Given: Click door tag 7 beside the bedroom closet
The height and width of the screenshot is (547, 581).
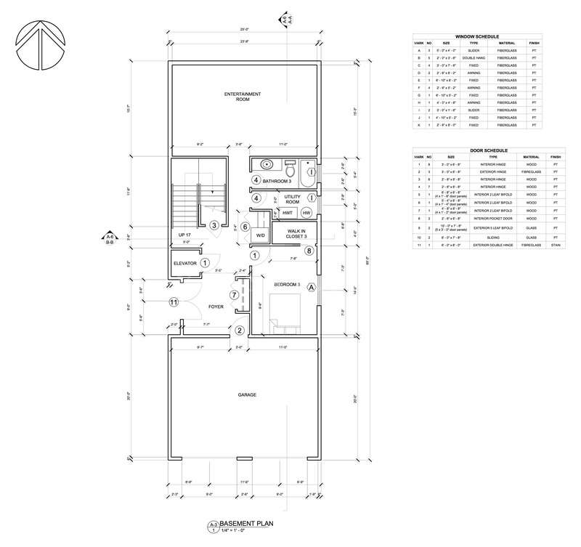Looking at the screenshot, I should tap(233, 294).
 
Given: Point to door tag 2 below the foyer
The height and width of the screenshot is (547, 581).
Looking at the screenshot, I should tap(239, 331).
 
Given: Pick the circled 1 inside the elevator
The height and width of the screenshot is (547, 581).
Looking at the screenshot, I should tap(205, 263).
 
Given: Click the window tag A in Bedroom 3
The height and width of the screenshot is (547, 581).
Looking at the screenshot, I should tap(312, 287).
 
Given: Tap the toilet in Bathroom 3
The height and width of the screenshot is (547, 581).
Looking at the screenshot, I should tap(289, 163).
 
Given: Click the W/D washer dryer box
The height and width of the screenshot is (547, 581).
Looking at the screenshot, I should tap(260, 236).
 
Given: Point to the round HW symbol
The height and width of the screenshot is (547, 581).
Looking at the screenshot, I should tap(306, 213).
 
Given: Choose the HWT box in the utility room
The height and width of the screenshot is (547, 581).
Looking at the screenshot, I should tap(288, 213).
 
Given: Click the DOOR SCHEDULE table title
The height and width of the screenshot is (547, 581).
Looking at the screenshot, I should tap(477, 150).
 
